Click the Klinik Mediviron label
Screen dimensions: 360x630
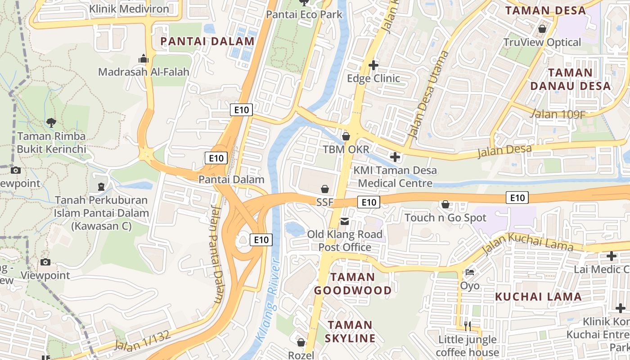[129, 9]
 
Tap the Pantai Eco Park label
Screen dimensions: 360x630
[304, 14]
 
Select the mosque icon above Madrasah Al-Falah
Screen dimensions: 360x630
[144, 58]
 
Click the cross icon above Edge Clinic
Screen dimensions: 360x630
[373, 65]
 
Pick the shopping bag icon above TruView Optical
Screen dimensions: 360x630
[542, 29]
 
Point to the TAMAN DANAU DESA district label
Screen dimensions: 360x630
[571, 79]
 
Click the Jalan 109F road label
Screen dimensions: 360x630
[558, 114]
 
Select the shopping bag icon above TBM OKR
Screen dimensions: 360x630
[346, 136]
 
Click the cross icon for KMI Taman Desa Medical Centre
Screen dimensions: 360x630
[395, 157]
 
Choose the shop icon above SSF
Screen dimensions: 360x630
[324, 189]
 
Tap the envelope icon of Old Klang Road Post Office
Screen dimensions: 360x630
[345, 221]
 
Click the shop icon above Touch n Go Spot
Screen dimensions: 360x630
[445, 204]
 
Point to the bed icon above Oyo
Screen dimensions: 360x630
[470, 272]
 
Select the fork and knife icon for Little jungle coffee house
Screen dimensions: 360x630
[467, 325]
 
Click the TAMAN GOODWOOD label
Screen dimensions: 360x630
[353, 283]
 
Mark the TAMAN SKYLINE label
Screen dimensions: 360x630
[351, 331]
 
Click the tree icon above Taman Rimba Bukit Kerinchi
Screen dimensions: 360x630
[51, 122]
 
